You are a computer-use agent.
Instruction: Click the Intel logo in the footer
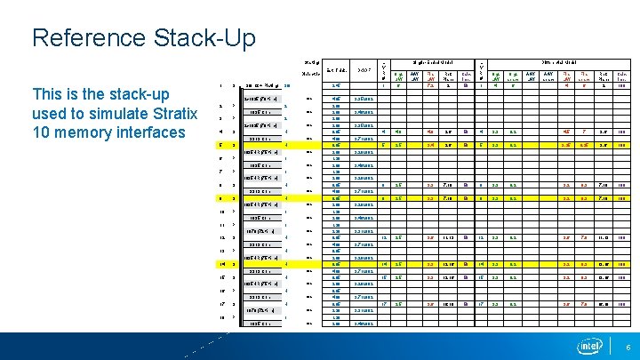tap(589, 346)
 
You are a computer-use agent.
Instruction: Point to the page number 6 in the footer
tap(627, 347)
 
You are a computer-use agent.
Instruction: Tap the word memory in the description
tap(81, 132)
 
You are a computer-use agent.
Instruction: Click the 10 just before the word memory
tap(41, 132)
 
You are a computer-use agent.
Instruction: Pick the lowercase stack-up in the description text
tap(121, 93)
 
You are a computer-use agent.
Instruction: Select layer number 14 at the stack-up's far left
tap(221, 264)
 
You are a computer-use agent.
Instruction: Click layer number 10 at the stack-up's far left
tap(221, 212)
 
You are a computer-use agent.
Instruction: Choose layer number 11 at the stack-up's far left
tap(221, 225)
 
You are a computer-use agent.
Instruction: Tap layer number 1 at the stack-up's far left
tap(221, 86)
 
